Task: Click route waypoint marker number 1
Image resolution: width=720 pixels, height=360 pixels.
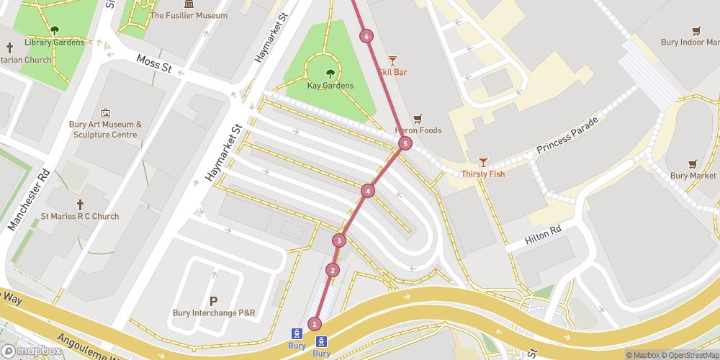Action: pos(315,324)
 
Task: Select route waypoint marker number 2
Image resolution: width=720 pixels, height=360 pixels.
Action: pos(332,270)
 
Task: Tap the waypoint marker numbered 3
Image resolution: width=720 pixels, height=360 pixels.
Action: pos(339,240)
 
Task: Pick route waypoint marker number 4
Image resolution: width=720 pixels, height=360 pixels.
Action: pos(368,191)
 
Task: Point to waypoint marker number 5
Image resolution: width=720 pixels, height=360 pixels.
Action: pos(405,144)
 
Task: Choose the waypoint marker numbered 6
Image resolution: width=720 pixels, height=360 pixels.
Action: pos(366,36)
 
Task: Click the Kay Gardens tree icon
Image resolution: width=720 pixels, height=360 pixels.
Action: pos(330,73)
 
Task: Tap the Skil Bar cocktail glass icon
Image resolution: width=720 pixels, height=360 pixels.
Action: pos(392,60)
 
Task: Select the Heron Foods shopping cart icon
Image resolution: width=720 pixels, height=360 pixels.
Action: pos(418,119)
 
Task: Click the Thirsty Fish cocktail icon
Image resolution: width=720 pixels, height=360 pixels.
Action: pos(483,162)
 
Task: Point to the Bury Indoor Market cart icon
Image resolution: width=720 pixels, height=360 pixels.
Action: pos(696,30)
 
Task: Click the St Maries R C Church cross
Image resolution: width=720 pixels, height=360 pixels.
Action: pos(80,204)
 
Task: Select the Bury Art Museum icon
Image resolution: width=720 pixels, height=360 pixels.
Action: pos(105,113)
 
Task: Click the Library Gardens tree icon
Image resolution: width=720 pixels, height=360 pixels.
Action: pos(55,30)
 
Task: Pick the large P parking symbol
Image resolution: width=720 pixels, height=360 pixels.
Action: pos(213,301)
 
